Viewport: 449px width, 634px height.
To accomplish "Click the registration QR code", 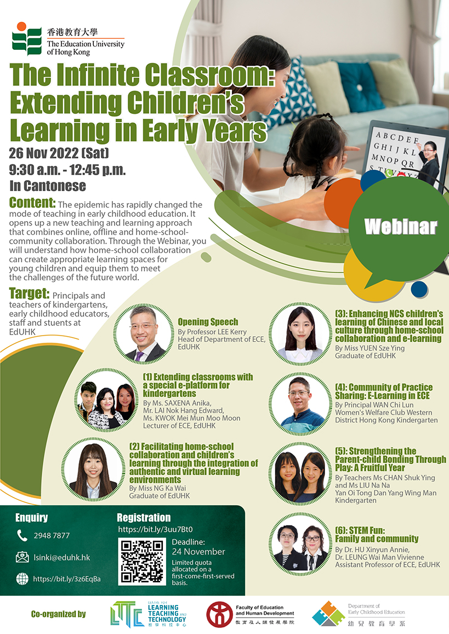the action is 141,561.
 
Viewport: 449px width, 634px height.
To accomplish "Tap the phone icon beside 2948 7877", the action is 22,535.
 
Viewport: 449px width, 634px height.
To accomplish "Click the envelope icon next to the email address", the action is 22,557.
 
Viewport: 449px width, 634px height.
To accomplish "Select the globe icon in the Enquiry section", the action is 22,579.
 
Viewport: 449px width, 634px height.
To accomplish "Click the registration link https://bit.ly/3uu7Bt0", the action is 156,529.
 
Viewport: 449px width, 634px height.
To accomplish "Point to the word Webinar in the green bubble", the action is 400,227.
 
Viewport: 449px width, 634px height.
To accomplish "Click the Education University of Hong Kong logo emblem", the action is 27,38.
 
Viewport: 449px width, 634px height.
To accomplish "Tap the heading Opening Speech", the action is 208,322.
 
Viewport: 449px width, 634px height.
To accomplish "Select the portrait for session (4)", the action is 300,404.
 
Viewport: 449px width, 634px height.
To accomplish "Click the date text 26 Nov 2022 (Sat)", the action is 59,153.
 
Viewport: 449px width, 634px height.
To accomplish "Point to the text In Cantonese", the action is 48,186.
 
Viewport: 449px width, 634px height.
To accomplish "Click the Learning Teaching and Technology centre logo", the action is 148,614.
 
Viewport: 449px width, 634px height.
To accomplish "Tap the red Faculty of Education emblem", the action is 219,614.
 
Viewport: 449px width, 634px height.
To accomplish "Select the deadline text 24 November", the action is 198,551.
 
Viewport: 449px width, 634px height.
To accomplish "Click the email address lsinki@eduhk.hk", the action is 62,557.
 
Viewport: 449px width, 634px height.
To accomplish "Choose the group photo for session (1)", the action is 106,400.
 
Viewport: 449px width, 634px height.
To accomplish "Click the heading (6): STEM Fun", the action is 360,530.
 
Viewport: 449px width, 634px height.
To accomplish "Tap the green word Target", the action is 29,293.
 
